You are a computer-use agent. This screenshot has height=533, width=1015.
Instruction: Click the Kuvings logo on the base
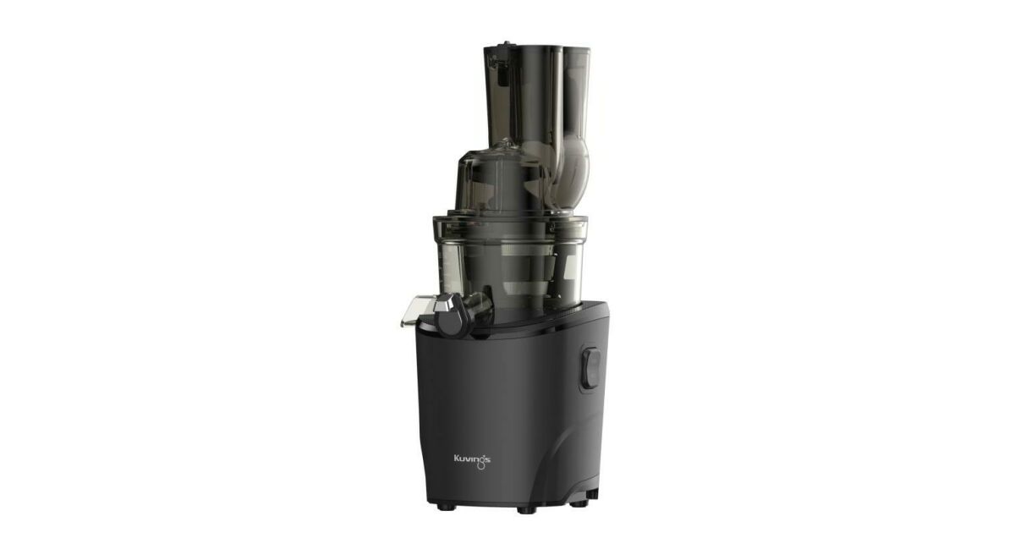tap(472, 461)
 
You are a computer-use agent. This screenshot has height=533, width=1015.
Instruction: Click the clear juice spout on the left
tap(416, 310)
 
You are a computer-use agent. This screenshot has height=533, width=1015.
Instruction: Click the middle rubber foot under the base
tap(526, 510)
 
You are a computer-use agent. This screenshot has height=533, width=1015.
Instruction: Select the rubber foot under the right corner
tap(579, 503)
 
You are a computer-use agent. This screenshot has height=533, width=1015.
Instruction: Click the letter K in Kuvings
tap(457, 459)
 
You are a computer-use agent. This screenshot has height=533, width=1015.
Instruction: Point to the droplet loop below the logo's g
tap(481, 465)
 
